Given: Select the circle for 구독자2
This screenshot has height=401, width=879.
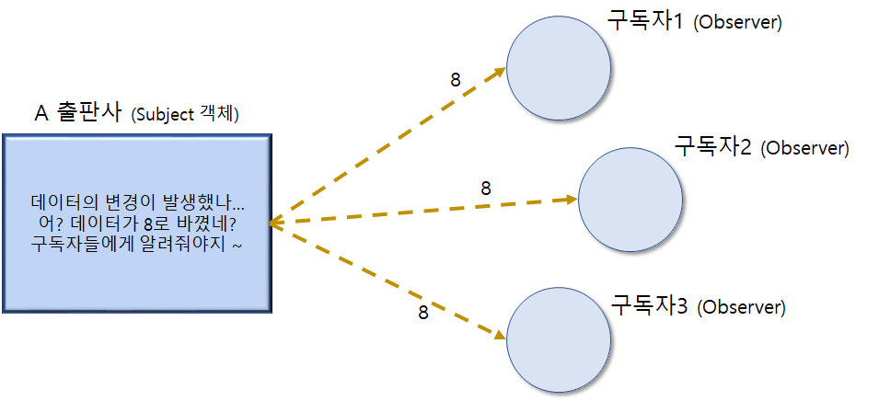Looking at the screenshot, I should (x=630, y=198).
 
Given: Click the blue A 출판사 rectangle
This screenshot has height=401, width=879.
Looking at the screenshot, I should (x=137, y=223).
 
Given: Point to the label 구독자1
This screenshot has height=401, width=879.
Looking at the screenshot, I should (x=645, y=21).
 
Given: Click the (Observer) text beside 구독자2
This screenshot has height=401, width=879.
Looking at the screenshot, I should (x=806, y=147).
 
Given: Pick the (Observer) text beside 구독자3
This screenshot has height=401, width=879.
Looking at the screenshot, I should (x=742, y=306).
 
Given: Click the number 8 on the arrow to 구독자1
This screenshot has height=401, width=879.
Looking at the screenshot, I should (x=455, y=79).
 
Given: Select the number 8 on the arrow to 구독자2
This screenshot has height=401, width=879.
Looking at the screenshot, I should (x=485, y=188).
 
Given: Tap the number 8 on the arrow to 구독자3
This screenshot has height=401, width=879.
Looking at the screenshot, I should (x=423, y=312).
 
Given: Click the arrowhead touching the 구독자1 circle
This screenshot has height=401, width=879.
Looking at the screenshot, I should (x=501, y=69).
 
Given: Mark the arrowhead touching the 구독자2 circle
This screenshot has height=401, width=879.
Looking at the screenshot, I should (x=571, y=199).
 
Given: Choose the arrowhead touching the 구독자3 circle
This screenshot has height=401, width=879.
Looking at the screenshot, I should (x=501, y=336).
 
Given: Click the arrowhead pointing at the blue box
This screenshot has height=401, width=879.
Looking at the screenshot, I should (x=274, y=223).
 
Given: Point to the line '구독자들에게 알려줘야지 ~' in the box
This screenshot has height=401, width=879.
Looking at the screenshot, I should (x=137, y=243).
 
